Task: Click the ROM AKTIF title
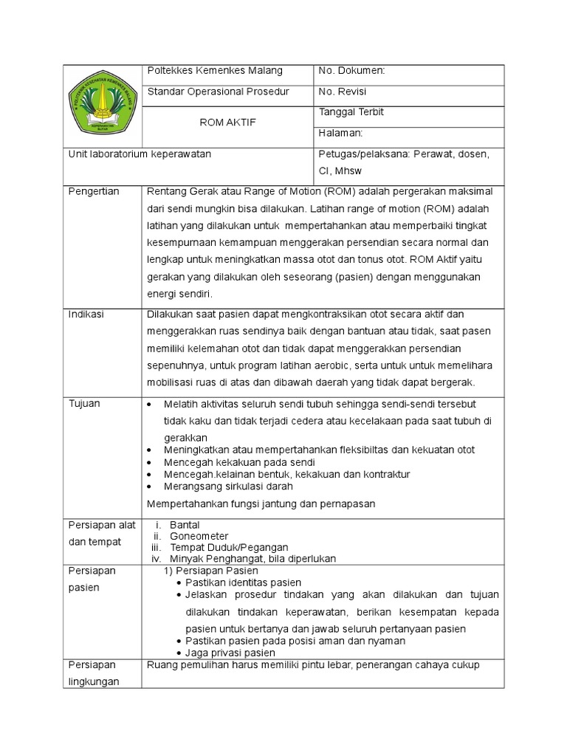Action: (228, 123)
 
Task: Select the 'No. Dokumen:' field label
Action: (351, 71)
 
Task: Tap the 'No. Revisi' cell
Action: (343, 92)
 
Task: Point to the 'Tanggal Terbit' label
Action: (351, 112)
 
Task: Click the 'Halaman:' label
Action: (340, 133)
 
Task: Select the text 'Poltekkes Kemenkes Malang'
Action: (216, 71)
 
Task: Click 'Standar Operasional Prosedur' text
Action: (219, 92)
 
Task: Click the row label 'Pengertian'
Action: (93, 191)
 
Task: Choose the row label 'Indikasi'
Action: (86, 314)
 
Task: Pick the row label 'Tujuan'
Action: (85, 403)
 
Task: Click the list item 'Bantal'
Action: (185, 524)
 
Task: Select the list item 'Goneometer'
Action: (199, 536)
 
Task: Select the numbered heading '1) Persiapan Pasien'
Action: (210, 571)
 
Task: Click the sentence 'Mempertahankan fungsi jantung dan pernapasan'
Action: (262, 504)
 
